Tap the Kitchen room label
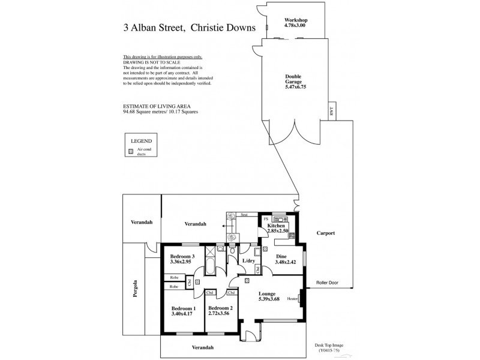click(x=276, y=225)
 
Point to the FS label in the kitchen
click(x=266, y=219)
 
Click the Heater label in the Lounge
click(x=293, y=298)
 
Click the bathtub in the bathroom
click(x=211, y=266)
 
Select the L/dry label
click(x=248, y=261)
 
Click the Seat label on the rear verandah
click(x=244, y=214)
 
